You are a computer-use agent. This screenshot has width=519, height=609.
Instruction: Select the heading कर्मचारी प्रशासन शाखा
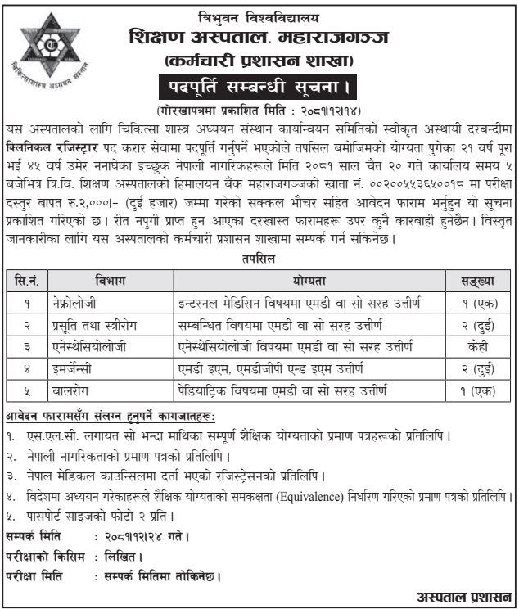tap(258, 60)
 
